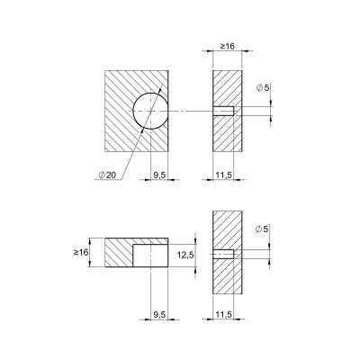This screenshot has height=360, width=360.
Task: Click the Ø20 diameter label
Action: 107,175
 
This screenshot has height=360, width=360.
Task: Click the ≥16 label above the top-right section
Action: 228,46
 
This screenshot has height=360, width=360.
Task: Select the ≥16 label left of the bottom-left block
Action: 81,252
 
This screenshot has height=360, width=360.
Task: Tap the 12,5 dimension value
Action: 185,256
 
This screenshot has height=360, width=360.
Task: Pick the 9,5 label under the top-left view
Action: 159,175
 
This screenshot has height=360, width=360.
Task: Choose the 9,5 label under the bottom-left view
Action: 159,315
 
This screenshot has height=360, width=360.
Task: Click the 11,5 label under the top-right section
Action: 224,175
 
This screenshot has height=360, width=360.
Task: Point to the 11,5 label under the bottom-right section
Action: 224,315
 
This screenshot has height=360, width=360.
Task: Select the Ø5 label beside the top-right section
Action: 263,87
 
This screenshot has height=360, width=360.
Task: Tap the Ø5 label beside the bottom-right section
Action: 262,229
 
